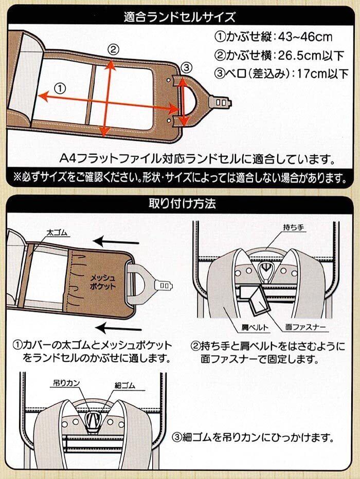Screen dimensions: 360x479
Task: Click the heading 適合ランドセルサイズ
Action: tap(179, 17)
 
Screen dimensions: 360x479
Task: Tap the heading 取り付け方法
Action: tap(182, 203)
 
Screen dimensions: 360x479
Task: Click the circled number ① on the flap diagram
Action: tap(60, 89)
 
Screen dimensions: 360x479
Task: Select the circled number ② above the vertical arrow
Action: tap(113, 49)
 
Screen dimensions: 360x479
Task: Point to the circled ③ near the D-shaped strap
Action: tap(187, 67)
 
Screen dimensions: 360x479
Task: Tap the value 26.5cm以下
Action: tap(311, 56)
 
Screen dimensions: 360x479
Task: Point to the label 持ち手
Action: tap(293, 227)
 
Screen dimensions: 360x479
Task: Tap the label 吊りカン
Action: tap(67, 383)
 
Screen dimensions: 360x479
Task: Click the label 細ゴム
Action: tap(125, 385)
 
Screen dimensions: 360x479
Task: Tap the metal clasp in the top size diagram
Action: tap(220, 102)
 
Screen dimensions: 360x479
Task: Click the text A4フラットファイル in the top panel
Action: tap(109, 158)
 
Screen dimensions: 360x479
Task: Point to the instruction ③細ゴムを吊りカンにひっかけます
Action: tap(252, 438)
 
